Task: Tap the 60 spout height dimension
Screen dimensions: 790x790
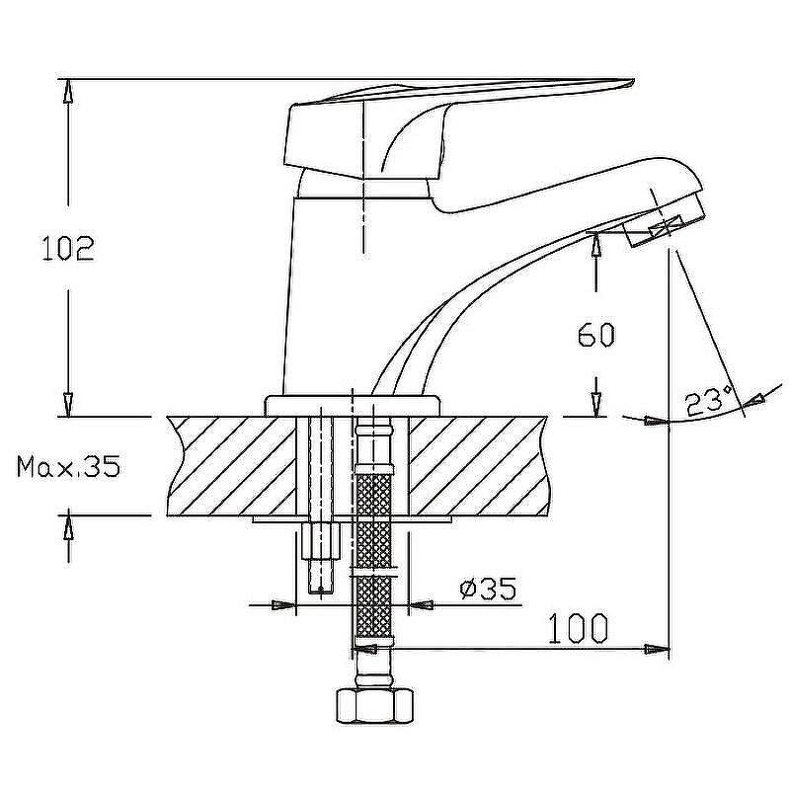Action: click(595, 336)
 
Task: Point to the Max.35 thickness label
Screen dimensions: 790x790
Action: click(68, 466)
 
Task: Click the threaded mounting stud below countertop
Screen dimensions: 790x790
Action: click(324, 557)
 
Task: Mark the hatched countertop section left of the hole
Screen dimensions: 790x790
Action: click(232, 464)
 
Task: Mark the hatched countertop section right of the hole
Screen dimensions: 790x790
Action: click(474, 464)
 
